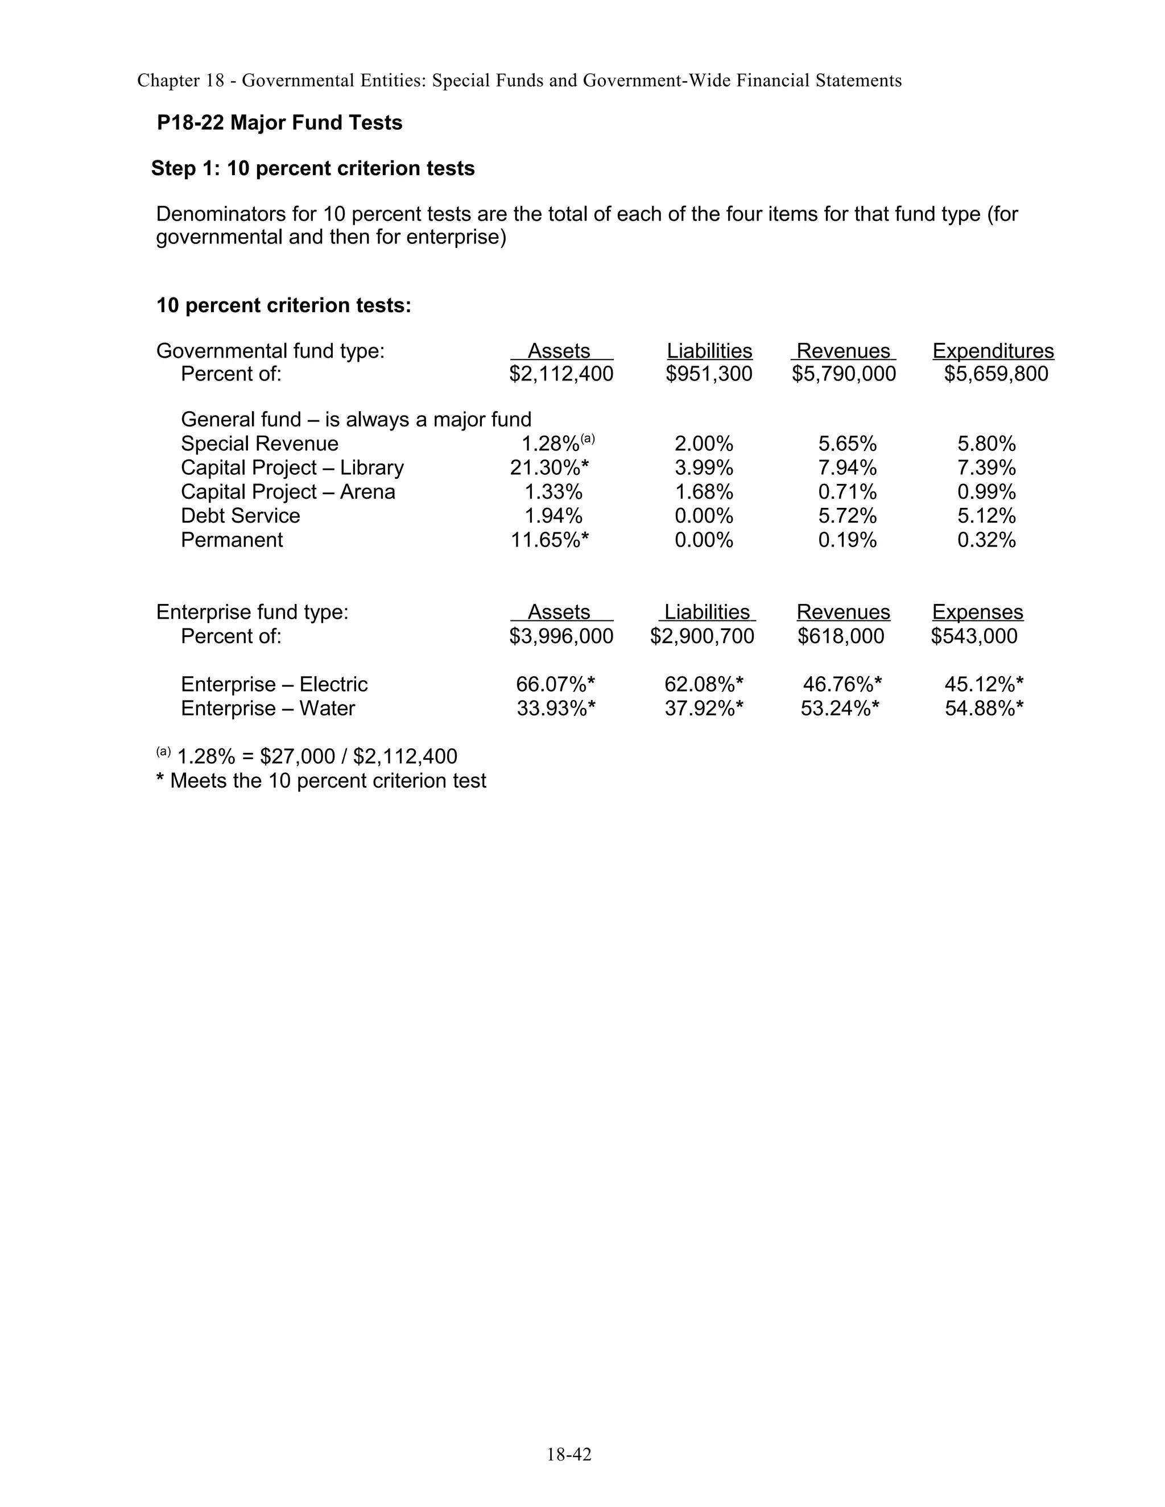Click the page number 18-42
569,1455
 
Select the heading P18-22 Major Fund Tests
279,123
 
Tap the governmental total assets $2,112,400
561,374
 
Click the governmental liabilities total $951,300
709,374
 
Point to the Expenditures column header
993,351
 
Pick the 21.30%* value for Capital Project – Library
550,468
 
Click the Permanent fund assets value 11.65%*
550,540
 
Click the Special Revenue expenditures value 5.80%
986,444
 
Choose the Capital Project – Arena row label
288,492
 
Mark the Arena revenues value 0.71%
847,492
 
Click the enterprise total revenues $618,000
841,636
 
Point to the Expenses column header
977,612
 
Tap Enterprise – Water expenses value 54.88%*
984,709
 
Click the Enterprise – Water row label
268,709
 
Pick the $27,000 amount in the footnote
298,757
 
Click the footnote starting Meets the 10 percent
321,781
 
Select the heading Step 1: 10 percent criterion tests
313,168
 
